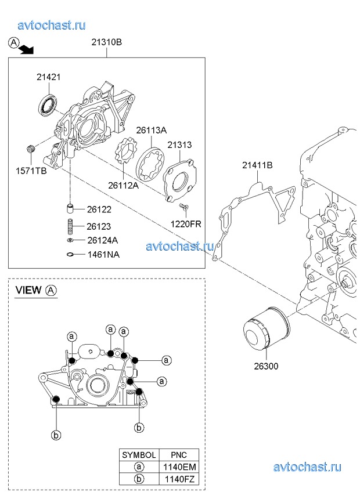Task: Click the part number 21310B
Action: pyautogui.click(x=106, y=42)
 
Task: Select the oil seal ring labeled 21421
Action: pyautogui.click(x=48, y=105)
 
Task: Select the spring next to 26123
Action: pyautogui.click(x=69, y=226)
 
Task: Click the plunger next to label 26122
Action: pyautogui.click(x=69, y=209)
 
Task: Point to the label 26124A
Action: pyautogui.click(x=103, y=240)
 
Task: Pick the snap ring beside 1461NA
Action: pyautogui.click(x=69, y=254)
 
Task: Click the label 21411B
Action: pyautogui.click(x=257, y=165)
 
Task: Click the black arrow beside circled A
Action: pyautogui.click(x=26, y=50)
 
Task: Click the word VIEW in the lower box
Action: pyautogui.click(x=28, y=290)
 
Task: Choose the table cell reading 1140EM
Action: pyautogui.click(x=178, y=466)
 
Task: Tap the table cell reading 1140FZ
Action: pyautogui.click(x=178, y=479)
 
